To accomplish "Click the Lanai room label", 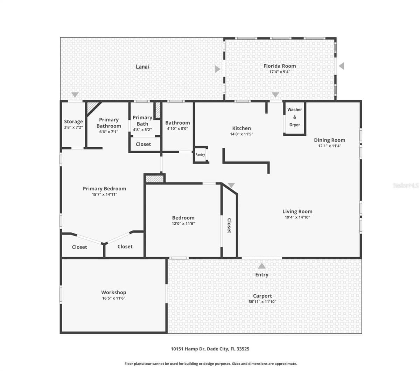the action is click(x=142, y=66).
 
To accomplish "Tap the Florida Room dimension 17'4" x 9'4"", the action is click(x=279, y=72).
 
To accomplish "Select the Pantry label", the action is click(x=200, y=154).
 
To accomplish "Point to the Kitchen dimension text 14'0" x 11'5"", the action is click(x=241, y=134).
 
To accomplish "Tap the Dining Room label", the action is click(x=329, y=140).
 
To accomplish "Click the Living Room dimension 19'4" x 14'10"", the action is click(x=297, y=217).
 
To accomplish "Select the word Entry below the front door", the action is click(x=261, y=274).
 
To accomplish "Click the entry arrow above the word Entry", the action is click(x=261, y=266).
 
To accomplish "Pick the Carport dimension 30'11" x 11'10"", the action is click(x=262, y=302).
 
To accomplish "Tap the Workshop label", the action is click(x=114, y=292).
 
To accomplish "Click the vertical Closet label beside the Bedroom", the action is click(x=229, y=226).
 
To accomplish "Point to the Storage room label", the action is click(x=73, y=121).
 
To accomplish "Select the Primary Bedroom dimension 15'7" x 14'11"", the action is click(x=105, y=194).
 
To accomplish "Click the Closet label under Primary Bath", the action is click(x=143, y=144).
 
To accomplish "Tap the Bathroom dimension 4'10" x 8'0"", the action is click(x=177, y=128).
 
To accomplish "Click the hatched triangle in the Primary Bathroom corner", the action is click(x=91, y=106).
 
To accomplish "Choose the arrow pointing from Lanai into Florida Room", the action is click(x=217, y=69).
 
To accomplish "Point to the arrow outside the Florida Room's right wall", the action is click(x=342, y=66).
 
